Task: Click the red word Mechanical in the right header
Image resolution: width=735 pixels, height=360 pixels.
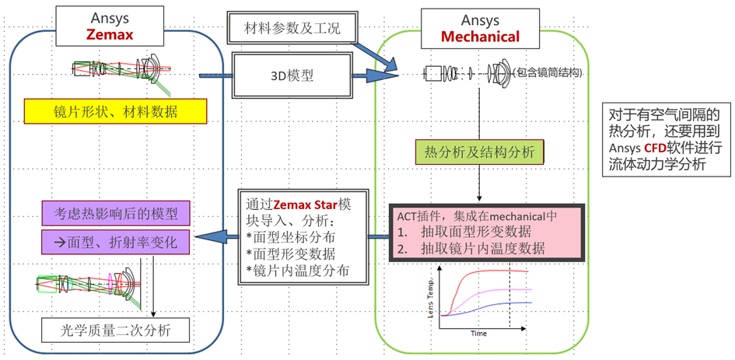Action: coord(481,36)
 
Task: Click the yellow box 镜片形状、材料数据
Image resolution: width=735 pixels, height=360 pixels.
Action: coord(116,112)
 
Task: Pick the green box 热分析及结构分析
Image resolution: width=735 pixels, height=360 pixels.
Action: coord(478,152)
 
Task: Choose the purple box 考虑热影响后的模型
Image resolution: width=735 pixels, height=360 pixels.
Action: coord(116,211)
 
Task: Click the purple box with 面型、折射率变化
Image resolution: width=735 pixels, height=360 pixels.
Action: coord(116,242)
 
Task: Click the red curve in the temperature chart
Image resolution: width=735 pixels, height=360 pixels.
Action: coord(498,271)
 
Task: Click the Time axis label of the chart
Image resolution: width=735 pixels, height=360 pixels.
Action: coord(478,332)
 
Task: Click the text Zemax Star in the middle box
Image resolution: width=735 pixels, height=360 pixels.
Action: coord(307,204)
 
